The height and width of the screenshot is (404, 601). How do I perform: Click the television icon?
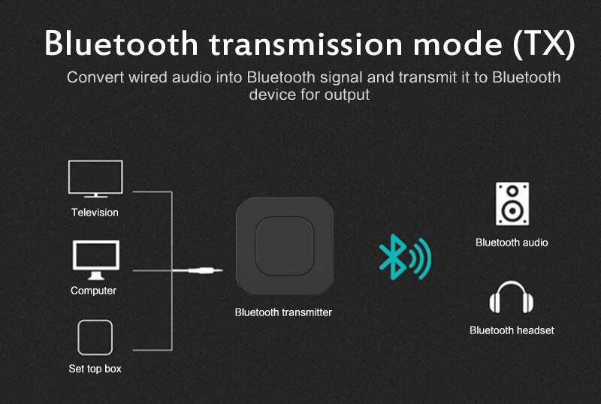click(x=95, y=179)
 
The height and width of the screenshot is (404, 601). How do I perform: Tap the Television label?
click(x=95, y=213)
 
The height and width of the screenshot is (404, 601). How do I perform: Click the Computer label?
click(x=94, y=291)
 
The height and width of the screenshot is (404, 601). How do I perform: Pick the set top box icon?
click(x=95, y=337)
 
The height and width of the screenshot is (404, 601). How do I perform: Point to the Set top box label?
click(x=95, y=369)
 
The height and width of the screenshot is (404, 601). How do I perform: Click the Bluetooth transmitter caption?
click(x=283, y=312)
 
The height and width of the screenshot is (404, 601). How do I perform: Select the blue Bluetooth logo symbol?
click(x=391, y=256)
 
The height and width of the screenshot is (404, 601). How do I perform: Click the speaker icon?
click(x=512, y=204)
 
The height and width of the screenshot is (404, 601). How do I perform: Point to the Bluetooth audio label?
click(x=512, y=243)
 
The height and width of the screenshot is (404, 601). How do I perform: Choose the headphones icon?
click(x=512, y=298)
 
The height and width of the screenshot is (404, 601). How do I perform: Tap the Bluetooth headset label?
click(x=512, y=330)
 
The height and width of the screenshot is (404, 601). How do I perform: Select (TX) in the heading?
click(x=544, y=44)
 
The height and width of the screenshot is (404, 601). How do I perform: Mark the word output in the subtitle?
click(x=347, y=95)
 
